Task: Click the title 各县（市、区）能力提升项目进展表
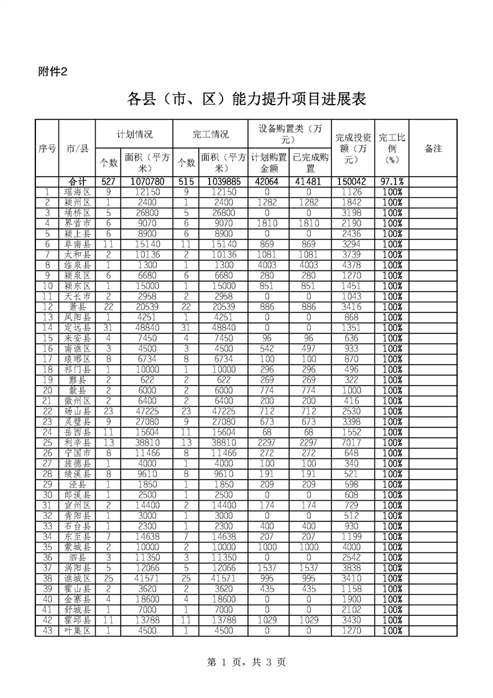click(x=246, y=99)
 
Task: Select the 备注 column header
click(x=433, y=149)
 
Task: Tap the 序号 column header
click(x=47, y=149)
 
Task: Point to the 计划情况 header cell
click(x=135, y=134)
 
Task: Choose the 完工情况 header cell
click(x=210, y=134)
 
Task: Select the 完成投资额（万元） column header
click(x=353, y=149)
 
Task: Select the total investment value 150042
click(x=353, y=182)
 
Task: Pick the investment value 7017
click(x=353, y=442)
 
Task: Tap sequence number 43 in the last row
click(x=47, y=631)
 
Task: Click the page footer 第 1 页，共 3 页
click(x=246, y=663)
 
